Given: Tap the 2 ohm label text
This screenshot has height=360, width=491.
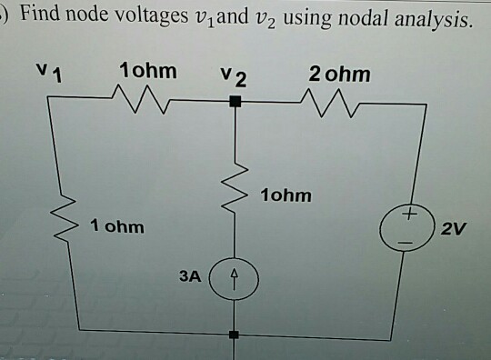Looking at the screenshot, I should click(x=339, y=74).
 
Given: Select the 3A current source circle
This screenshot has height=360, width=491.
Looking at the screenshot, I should click(x=235, y=274).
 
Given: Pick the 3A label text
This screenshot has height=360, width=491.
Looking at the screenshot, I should click(x=189, y=272).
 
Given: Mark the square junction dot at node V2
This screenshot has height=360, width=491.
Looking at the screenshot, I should click(x=235, y=105).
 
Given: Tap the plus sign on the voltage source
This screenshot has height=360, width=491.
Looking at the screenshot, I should click(x=411, y=215).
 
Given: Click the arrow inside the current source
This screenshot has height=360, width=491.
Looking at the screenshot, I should click(x=235, y=274).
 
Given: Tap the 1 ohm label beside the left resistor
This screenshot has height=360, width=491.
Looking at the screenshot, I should click(x=117, y=226).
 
